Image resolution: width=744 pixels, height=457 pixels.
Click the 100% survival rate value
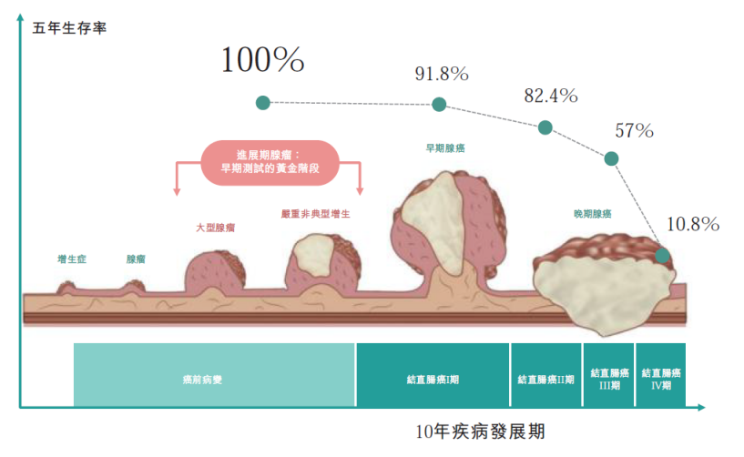pos(262,60)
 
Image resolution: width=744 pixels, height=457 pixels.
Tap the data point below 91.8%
pos(439,104)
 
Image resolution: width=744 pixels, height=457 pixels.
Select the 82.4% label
pos(551,96)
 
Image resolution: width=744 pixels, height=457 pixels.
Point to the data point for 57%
pos(611,158)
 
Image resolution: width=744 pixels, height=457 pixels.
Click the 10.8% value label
pos(693,224)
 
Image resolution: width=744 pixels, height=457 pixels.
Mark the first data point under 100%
pos(263,103)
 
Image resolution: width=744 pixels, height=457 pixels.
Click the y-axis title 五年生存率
pos(70,28)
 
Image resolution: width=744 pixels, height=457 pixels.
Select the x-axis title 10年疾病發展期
pos(480,432)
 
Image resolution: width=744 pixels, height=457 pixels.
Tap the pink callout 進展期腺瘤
pos(270,162)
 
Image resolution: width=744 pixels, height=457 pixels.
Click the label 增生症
pos(72,259)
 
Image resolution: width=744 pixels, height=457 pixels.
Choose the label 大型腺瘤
pos(216,228)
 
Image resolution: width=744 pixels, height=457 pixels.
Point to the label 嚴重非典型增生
pos(315,214)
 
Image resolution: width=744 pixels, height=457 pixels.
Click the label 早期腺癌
pos(445,148)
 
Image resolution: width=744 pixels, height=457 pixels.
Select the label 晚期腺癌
pos(593,214)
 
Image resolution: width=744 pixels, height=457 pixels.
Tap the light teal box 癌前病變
pos(214,375)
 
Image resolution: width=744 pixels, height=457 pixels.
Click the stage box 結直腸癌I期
pos(433,375)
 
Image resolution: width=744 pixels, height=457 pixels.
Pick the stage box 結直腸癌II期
pos(546,375)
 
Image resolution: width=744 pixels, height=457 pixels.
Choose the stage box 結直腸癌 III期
pos(609,375)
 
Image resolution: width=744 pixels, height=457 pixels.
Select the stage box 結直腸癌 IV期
pos(661,375)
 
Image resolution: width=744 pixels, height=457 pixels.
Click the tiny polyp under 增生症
pos(66,288)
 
